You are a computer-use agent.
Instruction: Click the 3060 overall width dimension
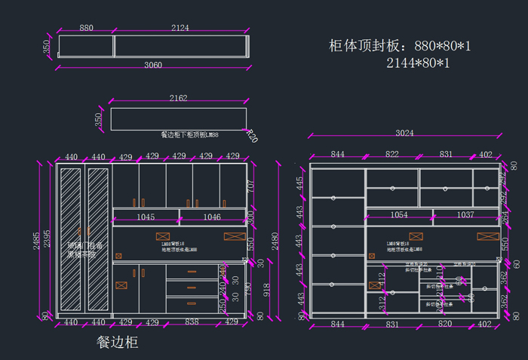[153, 65]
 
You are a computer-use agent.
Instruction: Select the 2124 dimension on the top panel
[180, 28]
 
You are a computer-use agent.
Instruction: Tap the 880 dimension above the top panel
[86, 28]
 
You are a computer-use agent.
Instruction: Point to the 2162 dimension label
[179, 98]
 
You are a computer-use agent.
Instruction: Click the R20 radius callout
[252, 138]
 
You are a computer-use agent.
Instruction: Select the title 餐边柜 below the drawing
[117, 342]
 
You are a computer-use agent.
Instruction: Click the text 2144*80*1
[418, 63]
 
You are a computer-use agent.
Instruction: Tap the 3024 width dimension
[404, 134]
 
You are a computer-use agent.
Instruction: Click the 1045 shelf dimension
[146, 217]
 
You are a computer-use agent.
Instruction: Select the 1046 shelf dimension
[212, 217]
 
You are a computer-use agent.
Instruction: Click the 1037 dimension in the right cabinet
[465, 215]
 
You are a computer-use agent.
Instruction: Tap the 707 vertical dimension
[251, 186]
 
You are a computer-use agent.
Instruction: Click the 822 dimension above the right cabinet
[392, 154]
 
